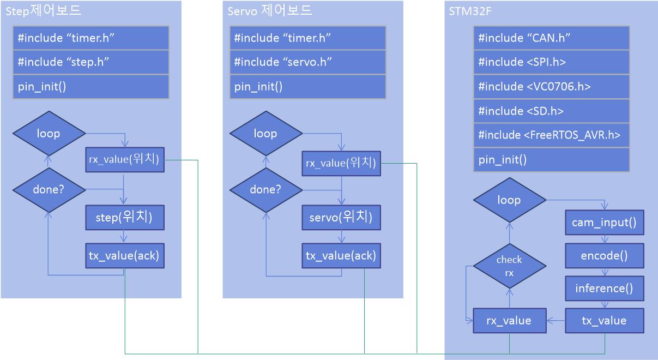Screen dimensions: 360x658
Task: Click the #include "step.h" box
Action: point(90,62)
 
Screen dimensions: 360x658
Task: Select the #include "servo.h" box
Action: point(307,62)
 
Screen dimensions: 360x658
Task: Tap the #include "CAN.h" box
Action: point(551,38)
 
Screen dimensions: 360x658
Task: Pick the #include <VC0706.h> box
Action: point(551,87)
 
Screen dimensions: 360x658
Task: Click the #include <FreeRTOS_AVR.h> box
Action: point(551,135)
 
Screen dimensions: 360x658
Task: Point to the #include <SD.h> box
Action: point(551,111)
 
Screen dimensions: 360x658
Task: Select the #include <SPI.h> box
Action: point(551,62)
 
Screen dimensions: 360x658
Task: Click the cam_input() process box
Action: point(604,223)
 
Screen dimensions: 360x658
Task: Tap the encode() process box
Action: point(604,255)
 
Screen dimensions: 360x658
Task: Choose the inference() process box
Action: point(604,288)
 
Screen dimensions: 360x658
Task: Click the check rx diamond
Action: point(509,265)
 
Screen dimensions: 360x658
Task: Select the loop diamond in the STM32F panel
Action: point(509,200)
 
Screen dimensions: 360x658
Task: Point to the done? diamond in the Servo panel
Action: point(265,190)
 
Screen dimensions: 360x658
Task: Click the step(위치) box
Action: point(125,217)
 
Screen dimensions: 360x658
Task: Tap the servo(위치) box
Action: point(341,217)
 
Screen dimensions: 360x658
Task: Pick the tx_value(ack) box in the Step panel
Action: point(125,255)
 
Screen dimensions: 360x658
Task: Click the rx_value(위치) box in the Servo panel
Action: point(341,163)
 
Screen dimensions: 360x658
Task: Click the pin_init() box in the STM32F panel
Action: point(551,160)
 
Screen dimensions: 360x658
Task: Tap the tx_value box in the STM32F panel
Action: point(604,321)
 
